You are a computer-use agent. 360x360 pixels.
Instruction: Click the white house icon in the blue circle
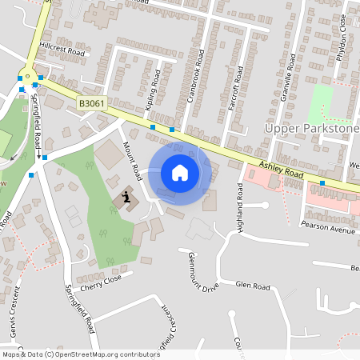[x=180, y=173]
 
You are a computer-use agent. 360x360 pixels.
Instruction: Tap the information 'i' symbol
[x=125, y=197]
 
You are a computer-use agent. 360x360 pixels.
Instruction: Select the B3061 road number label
[x=92, y=104]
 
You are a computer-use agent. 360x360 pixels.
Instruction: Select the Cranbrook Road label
[x=202, y=76]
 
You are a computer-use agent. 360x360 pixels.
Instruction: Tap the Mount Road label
[x=132, y=161]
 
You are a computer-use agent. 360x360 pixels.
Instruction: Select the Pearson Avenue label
[x=331, y=230]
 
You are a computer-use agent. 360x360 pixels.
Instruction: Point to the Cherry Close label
[x=101, y=282]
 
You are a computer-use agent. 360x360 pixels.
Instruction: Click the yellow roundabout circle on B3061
[x=30, y=78]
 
